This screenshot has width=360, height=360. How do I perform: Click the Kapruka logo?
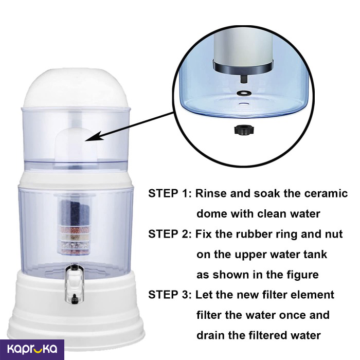tap(32, 349)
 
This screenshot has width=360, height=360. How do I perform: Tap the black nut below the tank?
tap(244, 130)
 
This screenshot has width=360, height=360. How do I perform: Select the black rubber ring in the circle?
tap(244, 94)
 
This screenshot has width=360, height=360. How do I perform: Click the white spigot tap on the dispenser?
tap(74, 284)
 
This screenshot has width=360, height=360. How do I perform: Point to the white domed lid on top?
tap(76, 88)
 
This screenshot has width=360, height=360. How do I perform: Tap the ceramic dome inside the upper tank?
tap(76, 144)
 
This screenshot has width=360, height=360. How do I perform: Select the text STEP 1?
tap(169, 193)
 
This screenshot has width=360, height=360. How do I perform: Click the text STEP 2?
tap(169, 234)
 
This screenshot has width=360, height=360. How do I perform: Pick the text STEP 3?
tap(169, 295)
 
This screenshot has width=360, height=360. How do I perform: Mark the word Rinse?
tap(211, 193)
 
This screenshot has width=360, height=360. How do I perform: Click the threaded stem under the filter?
tap(243, 79)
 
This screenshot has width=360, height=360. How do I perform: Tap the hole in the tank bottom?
tap(244, 104)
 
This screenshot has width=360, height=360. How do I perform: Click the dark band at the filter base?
tap(243, 67)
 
